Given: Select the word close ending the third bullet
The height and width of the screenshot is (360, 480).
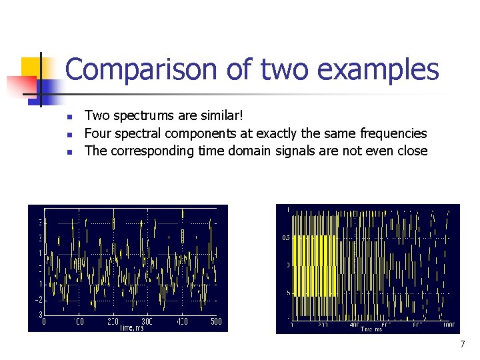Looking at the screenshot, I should pos(411,151).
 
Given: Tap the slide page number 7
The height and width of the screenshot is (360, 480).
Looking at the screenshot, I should pos(462,344).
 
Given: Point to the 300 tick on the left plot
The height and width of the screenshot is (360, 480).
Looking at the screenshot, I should pos(147,321).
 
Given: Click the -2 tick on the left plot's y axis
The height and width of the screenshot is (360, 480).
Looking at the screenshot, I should pos(39,299).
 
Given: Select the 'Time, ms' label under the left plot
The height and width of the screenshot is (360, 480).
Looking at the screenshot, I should pos(132,327).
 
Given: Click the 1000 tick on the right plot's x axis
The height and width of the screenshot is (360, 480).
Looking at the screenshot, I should pos(447,326).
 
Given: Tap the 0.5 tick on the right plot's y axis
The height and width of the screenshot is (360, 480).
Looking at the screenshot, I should pos(285,237).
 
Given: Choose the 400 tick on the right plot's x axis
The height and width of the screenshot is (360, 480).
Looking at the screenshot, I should pos(353,326).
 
